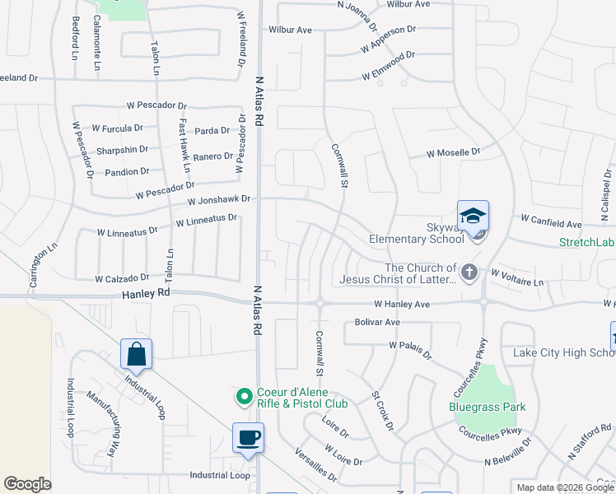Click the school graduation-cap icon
coord(473,217)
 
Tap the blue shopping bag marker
coord(136,354)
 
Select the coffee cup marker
coord(248,437)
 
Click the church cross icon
coord(469,272)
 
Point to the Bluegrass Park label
coord(487,407)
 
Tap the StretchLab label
coord(587,242)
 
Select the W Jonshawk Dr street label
coord(218,200)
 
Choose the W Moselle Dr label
coord(452,152)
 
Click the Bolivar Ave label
coord(377,322)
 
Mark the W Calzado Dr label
coord(122,278)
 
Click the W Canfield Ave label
coord(551,222)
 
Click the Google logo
coord(27,484)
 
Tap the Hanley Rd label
coord(146,292)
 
